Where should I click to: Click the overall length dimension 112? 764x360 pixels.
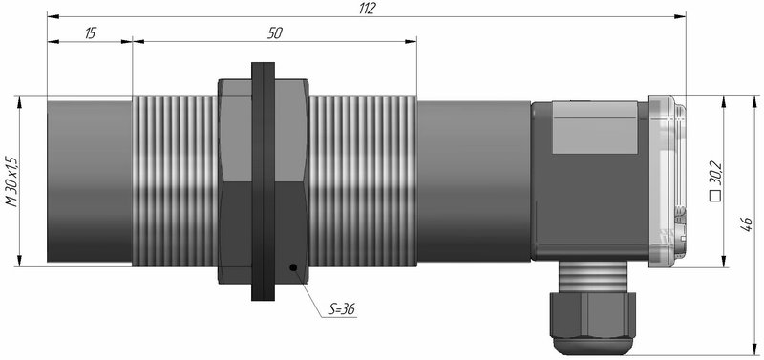[368, 9]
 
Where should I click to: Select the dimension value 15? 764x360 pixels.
[91, 33]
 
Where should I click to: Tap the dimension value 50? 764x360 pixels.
[275, 33]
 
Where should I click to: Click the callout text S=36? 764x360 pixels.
[341, 308]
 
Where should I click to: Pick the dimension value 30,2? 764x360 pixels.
[715, 174]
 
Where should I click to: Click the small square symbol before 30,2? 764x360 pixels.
[715, 197]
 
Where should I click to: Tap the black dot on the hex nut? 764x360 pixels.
[293, 267]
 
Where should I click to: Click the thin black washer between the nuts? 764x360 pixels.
[264, 181]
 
